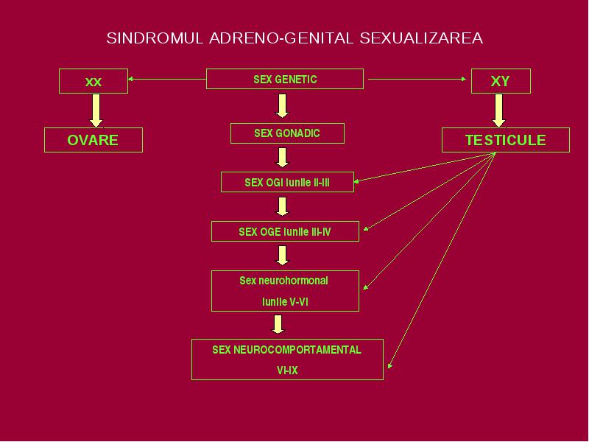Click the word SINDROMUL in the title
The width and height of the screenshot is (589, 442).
(155, 38)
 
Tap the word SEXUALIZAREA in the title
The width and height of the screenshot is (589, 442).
(421, 38)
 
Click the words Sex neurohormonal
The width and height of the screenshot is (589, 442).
(283, 281)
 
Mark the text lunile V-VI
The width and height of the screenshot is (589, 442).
(285, 302)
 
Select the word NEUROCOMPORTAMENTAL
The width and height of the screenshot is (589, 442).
(297, 350)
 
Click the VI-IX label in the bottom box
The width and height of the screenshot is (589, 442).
(287, 371)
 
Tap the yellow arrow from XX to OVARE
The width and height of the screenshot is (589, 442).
(96, 110)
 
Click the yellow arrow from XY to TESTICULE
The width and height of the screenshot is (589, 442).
(499, 110)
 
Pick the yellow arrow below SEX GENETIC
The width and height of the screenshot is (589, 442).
(283, 106)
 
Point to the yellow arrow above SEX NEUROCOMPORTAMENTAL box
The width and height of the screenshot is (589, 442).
(278, 324)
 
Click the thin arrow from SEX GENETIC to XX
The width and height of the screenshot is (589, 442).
(167, 79)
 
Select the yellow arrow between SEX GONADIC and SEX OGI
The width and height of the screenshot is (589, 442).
(283, 158)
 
